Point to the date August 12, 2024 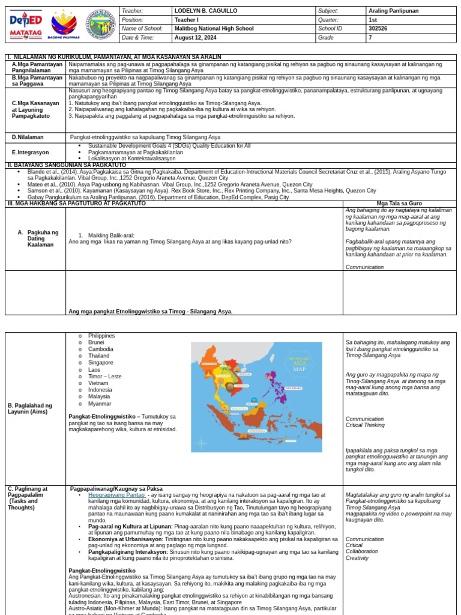pyautogui.click(x=196, y=37)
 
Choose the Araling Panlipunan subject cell pyautogui.click(x=393, y=11)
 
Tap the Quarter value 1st pyautogui.click(x=372, y=19)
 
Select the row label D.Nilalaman pyautogui.click(x=28, y=137)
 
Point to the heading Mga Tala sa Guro pyautogui.click(x=399, y=204)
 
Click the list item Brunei pyautogui.click(x=96, y=342)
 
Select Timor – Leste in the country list pyautogui.click(x=104, y=377)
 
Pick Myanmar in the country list pyautogui.click(x=100, y=404)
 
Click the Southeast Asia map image pyautogui.click(x=256, y=397)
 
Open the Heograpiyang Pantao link pyautogui.click(x=117, y=495)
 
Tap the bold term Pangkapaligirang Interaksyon pyautogui.click(x=127, y=551)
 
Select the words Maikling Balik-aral pyautogui.click(x=111, y=235)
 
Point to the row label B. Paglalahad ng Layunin pyautogui.click(x=30, y=409)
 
